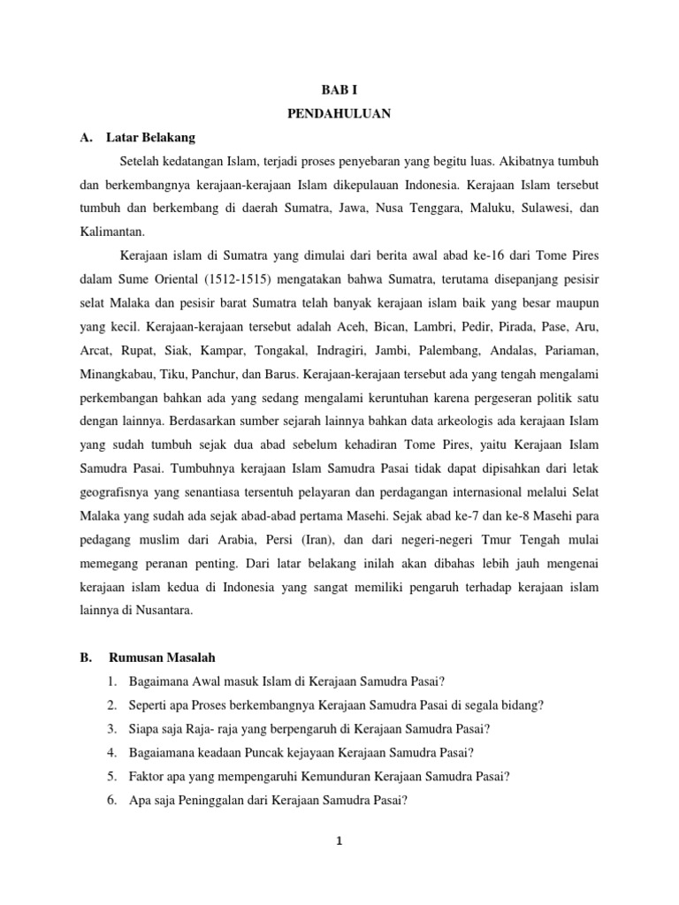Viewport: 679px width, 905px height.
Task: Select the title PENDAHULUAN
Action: tap(339, 114)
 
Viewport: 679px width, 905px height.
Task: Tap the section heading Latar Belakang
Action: tap(151, 138)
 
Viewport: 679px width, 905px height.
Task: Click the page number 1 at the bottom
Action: tap(339, 841)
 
